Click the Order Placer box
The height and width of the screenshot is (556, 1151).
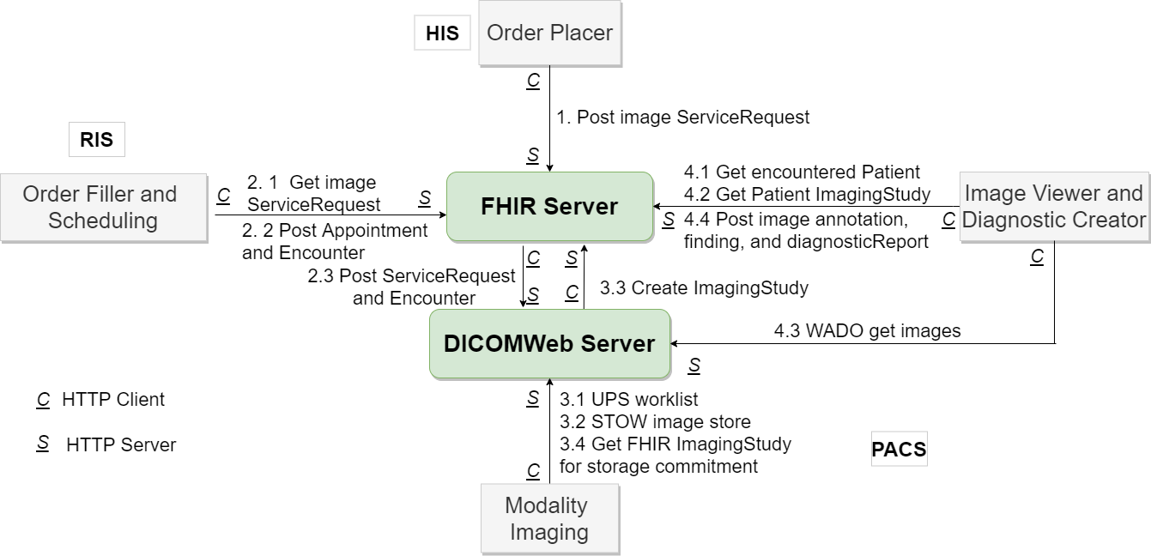(549, 33)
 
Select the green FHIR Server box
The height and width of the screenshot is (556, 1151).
(549, 207)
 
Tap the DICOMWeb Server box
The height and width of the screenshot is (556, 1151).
(549, 344)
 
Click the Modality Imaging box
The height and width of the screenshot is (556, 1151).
(549, 519)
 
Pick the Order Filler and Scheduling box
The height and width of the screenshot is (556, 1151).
(103, 208)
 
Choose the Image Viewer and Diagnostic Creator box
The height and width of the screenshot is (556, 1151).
(1054, 207)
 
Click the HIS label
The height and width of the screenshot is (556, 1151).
(442, 33)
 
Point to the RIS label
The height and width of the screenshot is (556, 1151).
(96, 140)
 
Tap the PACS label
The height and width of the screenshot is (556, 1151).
(899, 450)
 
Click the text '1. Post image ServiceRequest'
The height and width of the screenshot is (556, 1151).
(682, 117)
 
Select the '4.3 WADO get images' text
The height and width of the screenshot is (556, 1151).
(867, 330)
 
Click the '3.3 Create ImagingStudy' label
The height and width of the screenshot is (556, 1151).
(704, 288)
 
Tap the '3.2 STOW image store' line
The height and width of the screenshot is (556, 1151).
(655, 421)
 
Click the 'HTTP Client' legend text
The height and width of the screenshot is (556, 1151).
(113, 399)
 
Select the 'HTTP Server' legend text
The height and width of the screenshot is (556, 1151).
(121, 444)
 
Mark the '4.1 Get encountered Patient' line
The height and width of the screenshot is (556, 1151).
(802, 172)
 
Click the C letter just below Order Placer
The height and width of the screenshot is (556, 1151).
(533, 81)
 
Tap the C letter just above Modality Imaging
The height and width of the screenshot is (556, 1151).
(533, 470)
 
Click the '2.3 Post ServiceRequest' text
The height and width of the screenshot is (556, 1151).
(411, 276)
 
